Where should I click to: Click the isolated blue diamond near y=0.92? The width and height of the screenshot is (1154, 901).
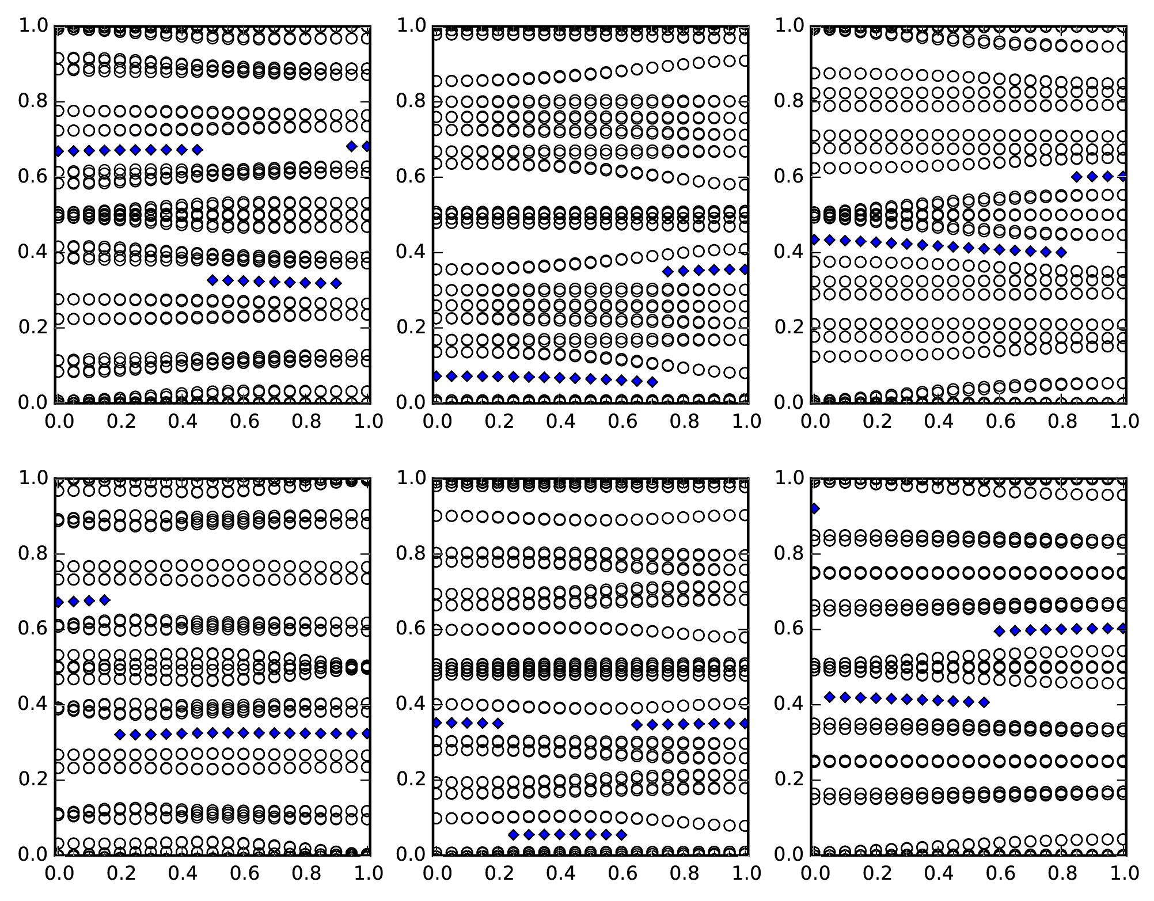[x=814, y=508]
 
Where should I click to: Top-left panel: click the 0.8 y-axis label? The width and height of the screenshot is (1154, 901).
[x=33, y=101]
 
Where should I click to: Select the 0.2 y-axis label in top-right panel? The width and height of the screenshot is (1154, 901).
[x=789, y=328]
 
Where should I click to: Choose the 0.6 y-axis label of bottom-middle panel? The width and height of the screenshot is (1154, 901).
[x=411, y=629]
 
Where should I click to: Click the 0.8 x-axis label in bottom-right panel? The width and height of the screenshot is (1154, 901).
[x=1061, y=873]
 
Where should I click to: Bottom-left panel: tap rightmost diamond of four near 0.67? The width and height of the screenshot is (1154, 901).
[x=105, y=600]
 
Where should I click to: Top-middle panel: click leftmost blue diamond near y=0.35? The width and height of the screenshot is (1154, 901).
[x=668, y=272]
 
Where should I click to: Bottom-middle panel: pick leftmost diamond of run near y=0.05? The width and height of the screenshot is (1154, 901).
[x=513, y=834]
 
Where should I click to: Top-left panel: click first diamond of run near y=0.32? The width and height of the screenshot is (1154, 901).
[x=212, y=280]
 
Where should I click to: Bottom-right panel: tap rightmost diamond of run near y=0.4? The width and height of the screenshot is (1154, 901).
[x=984, y=702]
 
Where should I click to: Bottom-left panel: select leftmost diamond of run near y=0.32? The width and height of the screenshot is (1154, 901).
[x=120, y=735]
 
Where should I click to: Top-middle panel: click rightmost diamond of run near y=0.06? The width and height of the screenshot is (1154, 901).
[x=652, y=382]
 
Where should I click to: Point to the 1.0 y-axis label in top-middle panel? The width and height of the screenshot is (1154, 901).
[x=411, y=26]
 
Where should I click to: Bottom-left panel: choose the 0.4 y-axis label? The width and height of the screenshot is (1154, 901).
[x=33, y=704]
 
